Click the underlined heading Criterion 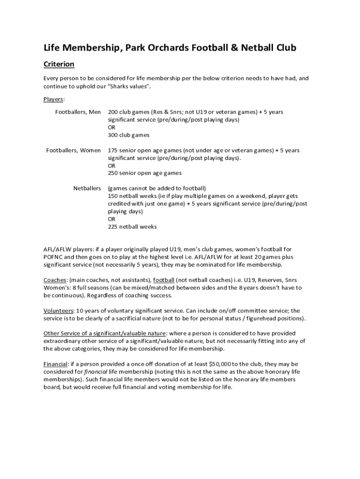[59, 64]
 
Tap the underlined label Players [54, 99]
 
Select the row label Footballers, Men [78, 112]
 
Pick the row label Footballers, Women [73, 151]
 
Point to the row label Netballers [87, 189]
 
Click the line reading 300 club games [129, 135]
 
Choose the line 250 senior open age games [144, 173]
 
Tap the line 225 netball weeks [132, 227]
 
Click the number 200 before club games [113, 112]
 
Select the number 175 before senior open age [113, 151]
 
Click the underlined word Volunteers [58, 311]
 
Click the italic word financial [95, 371]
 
